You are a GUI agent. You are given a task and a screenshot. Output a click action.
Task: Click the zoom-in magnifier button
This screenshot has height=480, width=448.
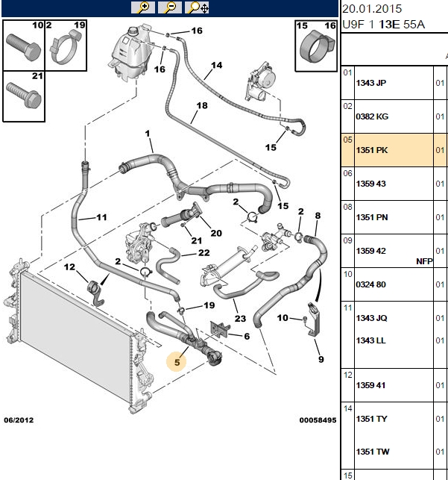142,7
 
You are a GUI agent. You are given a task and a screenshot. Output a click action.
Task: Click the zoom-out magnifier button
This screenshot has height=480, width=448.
170,7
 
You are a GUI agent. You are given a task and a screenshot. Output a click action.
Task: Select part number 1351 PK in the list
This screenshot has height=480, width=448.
372,150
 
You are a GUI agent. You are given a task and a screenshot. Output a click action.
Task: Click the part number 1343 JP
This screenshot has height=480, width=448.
371,83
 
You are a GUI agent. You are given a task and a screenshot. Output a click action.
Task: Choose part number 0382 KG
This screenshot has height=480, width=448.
372,116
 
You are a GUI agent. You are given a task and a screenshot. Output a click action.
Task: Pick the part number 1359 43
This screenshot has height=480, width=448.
370,184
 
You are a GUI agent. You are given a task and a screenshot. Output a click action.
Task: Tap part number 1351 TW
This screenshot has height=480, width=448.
373,452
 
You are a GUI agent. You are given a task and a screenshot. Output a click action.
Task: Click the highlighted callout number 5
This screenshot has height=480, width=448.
177,363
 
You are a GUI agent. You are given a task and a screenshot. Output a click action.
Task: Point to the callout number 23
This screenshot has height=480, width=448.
240,319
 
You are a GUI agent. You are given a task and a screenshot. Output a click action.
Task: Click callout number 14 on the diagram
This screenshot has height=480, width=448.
217,65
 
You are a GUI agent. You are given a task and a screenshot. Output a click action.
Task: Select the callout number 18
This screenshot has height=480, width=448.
202,105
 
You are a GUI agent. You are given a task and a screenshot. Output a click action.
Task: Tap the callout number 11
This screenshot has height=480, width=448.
101,217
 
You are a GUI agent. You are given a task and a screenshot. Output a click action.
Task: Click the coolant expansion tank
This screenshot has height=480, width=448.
129,54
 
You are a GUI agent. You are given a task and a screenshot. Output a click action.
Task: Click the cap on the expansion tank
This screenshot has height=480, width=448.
133,31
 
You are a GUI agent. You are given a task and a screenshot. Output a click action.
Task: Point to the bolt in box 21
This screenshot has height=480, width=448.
24,95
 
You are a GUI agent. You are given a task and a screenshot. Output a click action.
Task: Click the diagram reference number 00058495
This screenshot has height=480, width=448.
318,420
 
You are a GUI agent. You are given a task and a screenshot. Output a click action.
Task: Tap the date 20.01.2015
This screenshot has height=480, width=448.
372,9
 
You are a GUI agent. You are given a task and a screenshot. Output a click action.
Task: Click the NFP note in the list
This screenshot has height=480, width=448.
424,261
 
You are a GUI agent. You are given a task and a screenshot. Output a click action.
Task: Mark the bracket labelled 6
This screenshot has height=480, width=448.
219,329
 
